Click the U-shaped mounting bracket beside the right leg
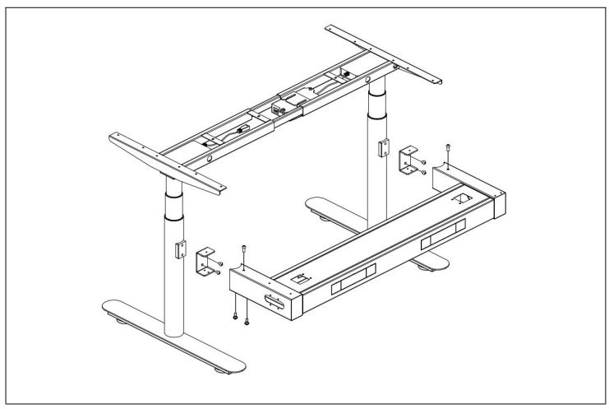(407, 161)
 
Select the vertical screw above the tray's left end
(244, 252)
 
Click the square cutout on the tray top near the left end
(300, 279)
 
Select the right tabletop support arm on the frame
(386, 53)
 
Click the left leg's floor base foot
(173, 337)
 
